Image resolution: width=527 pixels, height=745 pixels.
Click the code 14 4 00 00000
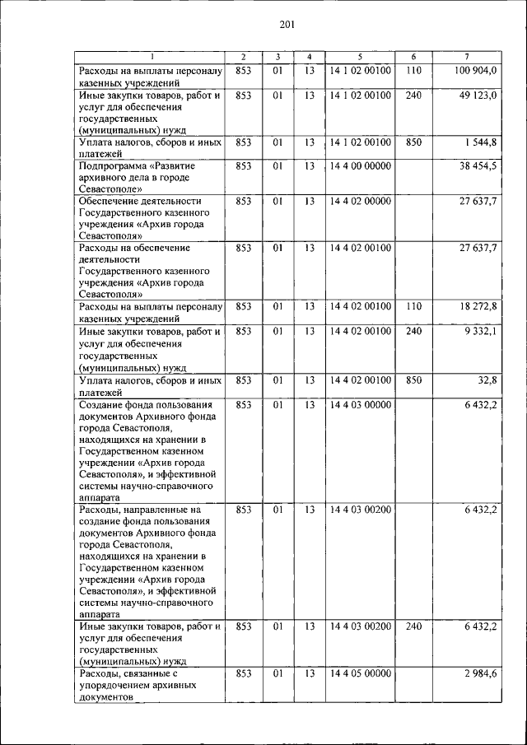pos(360,166)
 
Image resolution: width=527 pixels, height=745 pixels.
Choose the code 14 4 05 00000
pos(360,673)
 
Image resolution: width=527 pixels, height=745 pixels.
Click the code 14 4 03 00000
pos(360,404)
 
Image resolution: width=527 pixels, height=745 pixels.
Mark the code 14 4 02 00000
pos(360,200)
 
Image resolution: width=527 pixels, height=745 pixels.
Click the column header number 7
pos(466,56)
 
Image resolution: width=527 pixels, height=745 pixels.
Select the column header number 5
pos(360,56)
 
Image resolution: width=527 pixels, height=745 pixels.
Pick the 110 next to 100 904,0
pos(413,72)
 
